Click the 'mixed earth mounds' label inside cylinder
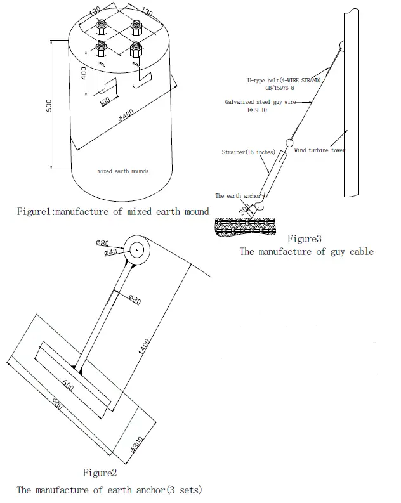pyautogui.click(x=123, y=171)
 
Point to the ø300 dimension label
pyautogui.click(x=145, y=445)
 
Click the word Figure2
pyautogui.click(x=100, y=473)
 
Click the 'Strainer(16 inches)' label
pyautogui.click(x=247, y=152)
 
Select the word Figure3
pyautogui.click(x=305, y=238)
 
